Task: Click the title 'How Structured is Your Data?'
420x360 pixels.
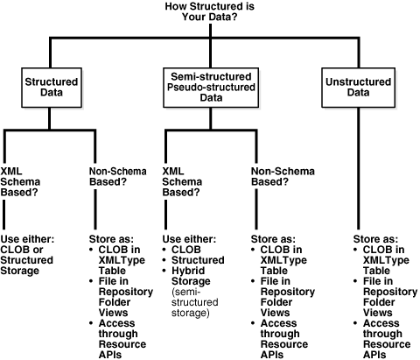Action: click(x=209, y=13)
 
